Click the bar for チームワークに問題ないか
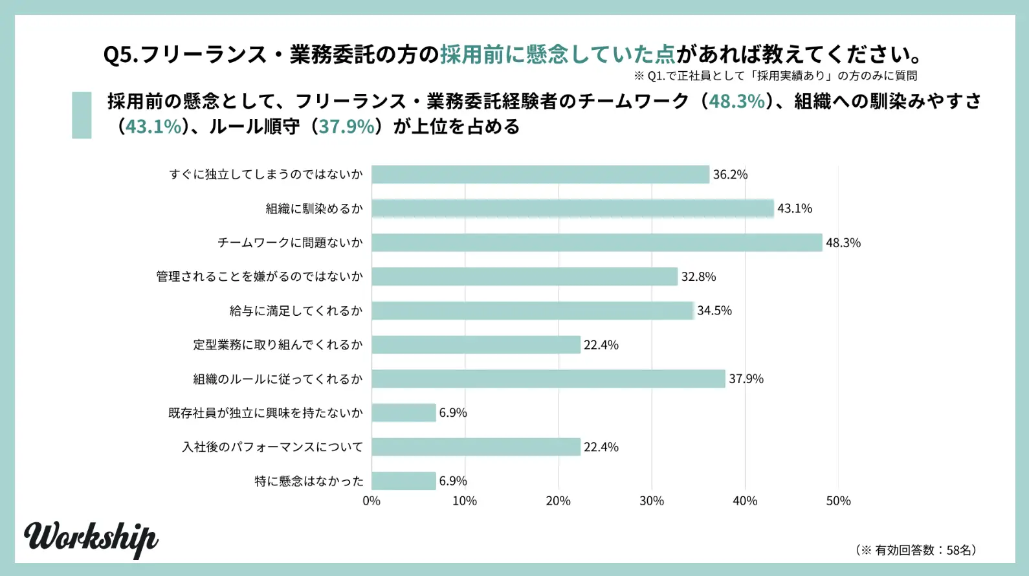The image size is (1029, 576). [x=597, y=243]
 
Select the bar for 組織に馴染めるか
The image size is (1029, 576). [x=573, y=208]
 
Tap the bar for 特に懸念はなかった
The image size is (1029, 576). [x=404, y=481]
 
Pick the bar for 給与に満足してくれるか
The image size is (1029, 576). [x=533, y=311]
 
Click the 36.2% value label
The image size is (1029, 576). [x=730, y=175]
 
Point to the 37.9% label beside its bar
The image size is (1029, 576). [x=746, y=379]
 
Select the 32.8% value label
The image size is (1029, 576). [x=698, y=277]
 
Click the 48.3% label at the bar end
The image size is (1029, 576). [x=843, y=243]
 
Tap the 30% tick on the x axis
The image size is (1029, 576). [x=652, y=501]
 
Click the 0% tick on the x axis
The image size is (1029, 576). [x=371, y=501]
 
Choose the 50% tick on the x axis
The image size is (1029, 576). [x=838, y=501]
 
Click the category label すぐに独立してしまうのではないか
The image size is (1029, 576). [x=266, y=175]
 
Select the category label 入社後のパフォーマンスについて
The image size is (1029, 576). [x=272, y=447]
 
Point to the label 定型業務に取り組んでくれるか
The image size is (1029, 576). [x=278, y=345]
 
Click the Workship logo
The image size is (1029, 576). [x=91, y=538]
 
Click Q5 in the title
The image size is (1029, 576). [x=120, y=54]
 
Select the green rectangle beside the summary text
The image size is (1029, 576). [x=82, y=115]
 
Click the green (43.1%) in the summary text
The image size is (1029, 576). [x=154, y=126]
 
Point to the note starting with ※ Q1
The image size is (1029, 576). [x=775, y=76]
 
